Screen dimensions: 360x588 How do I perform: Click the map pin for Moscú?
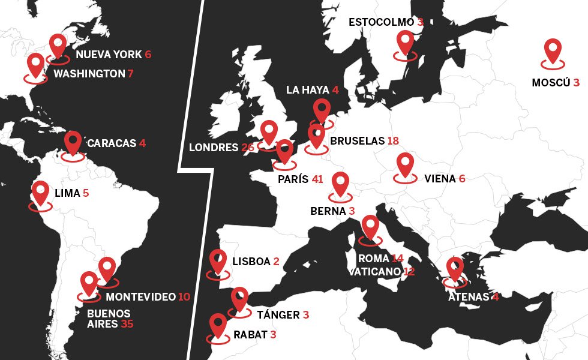click(x=552, y=50)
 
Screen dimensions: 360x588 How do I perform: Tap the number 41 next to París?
click(x=317, y=179)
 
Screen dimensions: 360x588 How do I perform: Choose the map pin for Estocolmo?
click(x=406, y=43)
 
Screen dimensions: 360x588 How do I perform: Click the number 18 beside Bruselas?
click(x=393, y=141)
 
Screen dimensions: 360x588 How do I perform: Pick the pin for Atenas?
click(x=455, y=268)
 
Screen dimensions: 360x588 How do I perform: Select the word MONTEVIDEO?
click(x=140, y=297)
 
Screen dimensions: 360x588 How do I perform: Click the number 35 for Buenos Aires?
click(x=127, y=325)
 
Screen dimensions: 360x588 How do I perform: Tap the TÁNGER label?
click(x=278, y=315)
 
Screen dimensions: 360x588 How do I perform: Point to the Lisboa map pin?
click(x=218, y=262)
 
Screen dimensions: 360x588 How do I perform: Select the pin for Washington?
click(x=36, y=65)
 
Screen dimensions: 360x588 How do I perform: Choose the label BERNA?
click(x=328, y=211)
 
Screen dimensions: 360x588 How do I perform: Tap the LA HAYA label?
click(x=307, y=90)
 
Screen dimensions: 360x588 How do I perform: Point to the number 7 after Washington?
click(x=130, y=74)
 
